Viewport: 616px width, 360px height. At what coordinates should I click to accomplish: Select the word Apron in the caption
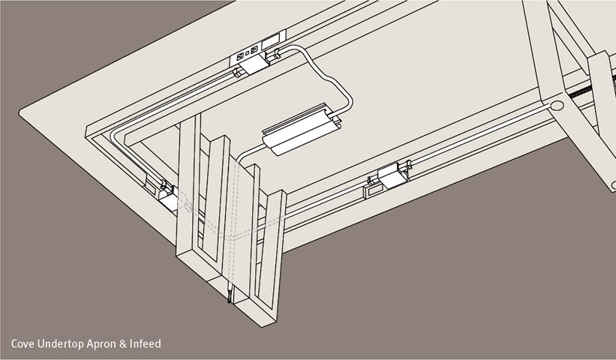(101, 345)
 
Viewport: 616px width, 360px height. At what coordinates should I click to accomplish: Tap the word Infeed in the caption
(146, 344)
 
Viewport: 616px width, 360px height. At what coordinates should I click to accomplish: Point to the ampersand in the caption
(123, 344)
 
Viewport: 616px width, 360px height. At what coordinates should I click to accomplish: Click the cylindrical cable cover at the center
(302, 130)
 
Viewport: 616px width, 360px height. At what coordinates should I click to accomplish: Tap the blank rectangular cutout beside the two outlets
(271, 40)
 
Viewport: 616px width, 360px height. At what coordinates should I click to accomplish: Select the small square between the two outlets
(247, 53)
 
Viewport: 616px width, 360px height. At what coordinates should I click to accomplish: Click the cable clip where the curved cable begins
(273, 55)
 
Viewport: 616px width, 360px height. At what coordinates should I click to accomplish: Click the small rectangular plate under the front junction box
(372, 190)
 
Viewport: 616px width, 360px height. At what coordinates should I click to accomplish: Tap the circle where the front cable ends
(557, 106)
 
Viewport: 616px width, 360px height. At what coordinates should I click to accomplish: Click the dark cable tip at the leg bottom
(229, 296)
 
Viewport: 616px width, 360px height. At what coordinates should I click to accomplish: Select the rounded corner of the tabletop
(21, 112)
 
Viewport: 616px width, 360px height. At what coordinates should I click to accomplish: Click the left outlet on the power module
(239, 55)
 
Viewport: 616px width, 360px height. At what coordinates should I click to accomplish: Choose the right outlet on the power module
(254, 49)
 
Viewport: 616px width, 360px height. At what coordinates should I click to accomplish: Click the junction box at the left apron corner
(168, 198)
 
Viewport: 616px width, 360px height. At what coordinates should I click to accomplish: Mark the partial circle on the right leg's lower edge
(613, 184)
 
